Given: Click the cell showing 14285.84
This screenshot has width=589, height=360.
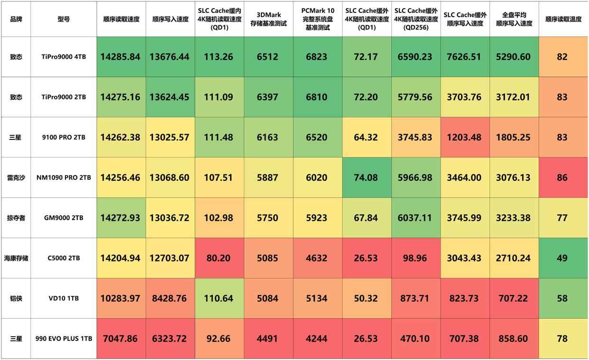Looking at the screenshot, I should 120,57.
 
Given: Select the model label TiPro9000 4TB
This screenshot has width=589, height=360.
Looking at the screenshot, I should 64,57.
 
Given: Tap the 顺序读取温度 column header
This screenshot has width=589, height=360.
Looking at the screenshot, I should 563,19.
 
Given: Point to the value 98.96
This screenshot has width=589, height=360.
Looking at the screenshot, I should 415,258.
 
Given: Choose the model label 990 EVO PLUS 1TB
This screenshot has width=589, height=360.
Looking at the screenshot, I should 64,339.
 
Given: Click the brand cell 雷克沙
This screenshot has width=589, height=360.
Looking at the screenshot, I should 16,178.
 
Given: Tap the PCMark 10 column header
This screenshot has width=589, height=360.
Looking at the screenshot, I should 317,19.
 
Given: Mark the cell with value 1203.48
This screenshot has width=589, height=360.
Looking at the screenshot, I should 464,138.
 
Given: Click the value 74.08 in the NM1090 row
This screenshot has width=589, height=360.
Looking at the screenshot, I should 366,178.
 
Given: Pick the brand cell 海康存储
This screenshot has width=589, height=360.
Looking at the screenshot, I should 16,258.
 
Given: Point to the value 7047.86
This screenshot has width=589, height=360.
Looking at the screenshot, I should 120,339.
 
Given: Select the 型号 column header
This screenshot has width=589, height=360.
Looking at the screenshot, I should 64,19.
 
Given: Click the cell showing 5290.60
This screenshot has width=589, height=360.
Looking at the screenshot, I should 513,57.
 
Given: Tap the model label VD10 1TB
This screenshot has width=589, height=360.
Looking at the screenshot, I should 64,299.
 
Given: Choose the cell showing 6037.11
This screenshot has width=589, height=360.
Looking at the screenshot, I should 415,218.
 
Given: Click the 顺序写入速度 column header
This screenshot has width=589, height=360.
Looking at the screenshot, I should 170,19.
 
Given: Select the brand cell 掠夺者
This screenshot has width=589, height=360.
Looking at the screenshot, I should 16,218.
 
